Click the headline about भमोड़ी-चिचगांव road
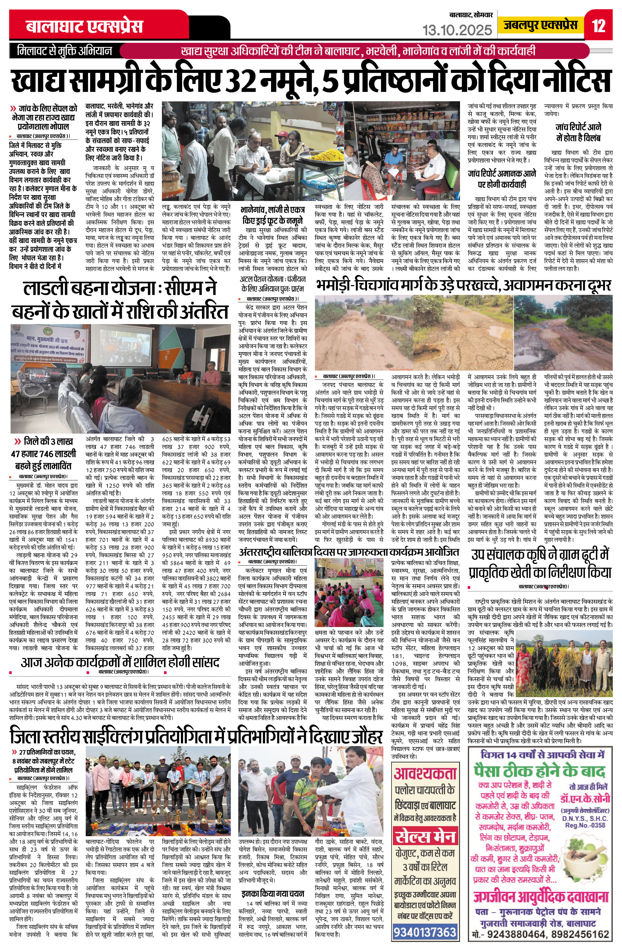[x=463, y=285]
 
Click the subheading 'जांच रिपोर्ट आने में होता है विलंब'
[x=578, y=133]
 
